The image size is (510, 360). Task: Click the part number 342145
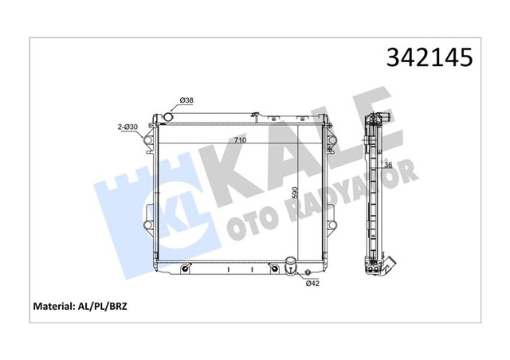tap(430, 57)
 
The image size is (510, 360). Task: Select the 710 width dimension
tap(239, 141)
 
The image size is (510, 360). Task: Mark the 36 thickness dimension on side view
tap(388, 166)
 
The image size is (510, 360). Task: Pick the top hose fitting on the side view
tap(383, 121)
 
